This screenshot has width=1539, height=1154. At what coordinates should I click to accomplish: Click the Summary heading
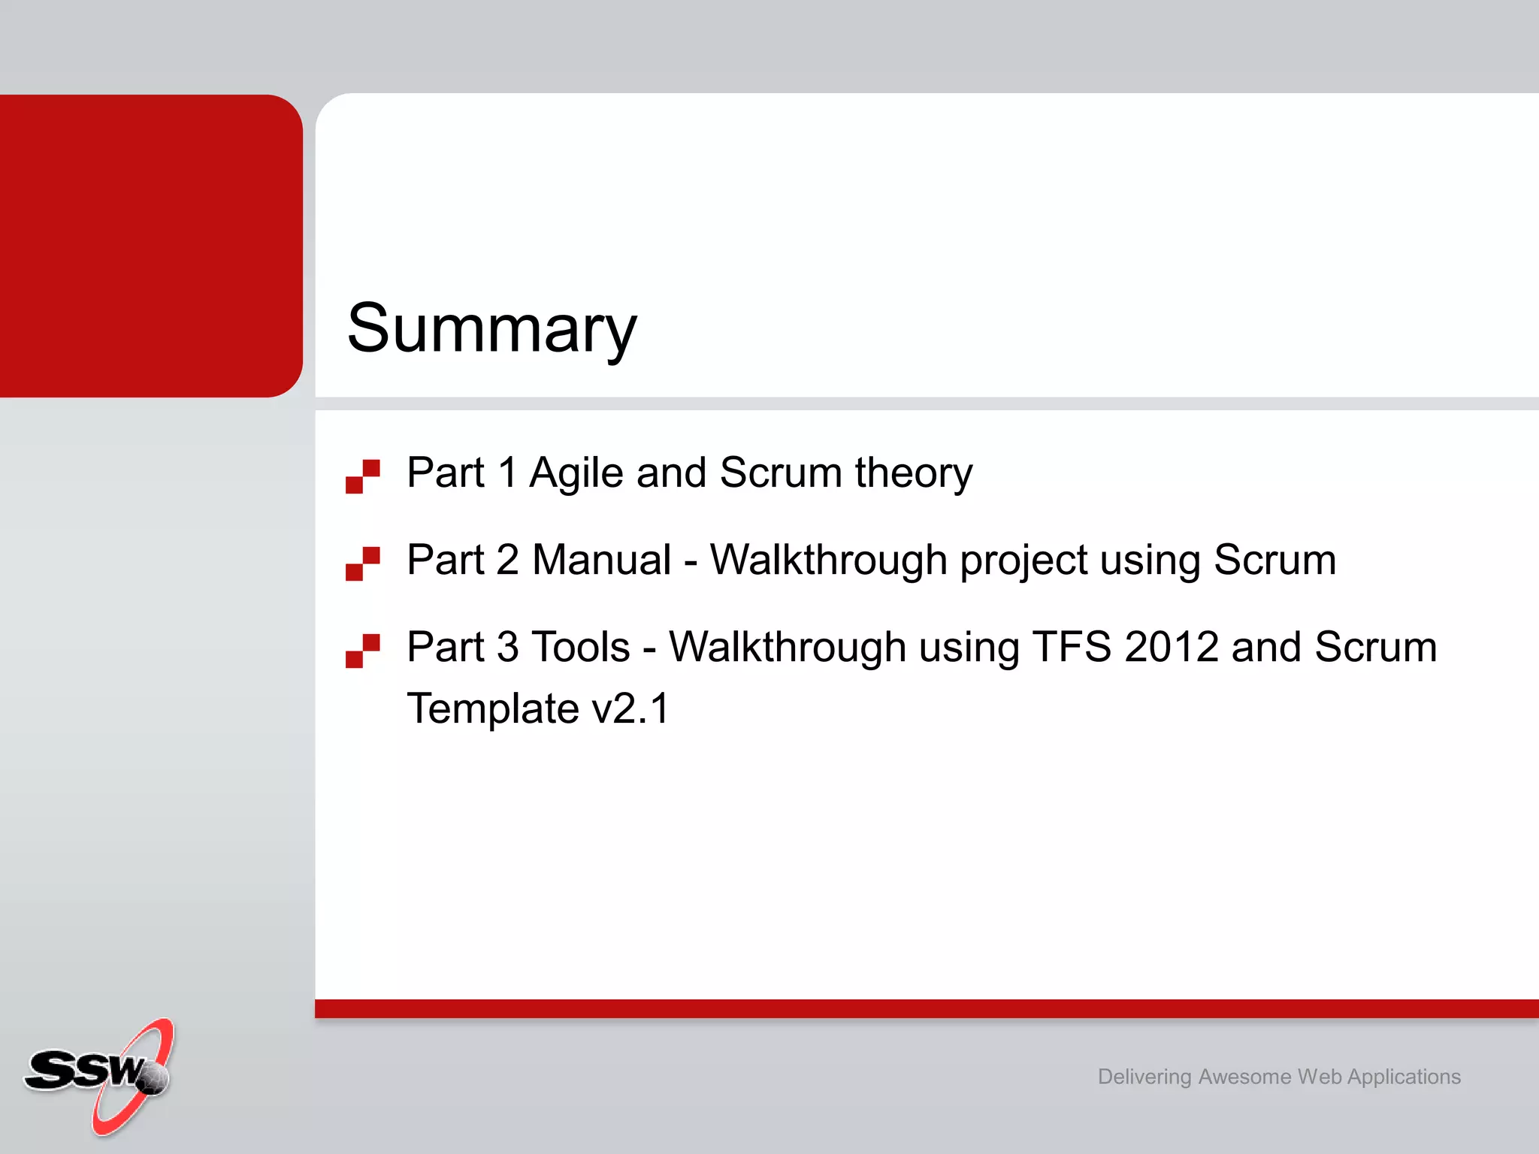(x=491, y=328)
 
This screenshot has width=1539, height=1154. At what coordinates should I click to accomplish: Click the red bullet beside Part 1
(x=363, y=476)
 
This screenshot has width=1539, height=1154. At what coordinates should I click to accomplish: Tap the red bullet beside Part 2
(x=363, y=563)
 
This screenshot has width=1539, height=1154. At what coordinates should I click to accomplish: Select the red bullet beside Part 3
(x=363, y=651)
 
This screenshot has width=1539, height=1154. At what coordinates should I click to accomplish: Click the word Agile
(x=576, y=473)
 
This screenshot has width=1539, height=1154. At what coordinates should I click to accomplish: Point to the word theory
(x=913, y=473)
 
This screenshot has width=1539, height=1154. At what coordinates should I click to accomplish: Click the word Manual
(x=601, y=560)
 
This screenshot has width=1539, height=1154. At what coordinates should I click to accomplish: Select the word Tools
(x=580, y=647)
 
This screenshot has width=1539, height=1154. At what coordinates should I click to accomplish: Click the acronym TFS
(x=1071, y=647)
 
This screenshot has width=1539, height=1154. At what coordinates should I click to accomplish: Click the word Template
(x=492, y=708)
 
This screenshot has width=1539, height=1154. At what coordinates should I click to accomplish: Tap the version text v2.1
(x=630, y=708)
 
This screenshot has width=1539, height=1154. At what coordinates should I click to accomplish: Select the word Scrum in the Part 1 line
(x=780, y=473)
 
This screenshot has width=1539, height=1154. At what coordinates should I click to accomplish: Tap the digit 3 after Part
(x=507, y=647)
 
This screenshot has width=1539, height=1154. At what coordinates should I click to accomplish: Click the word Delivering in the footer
(x=1144, y=1077)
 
